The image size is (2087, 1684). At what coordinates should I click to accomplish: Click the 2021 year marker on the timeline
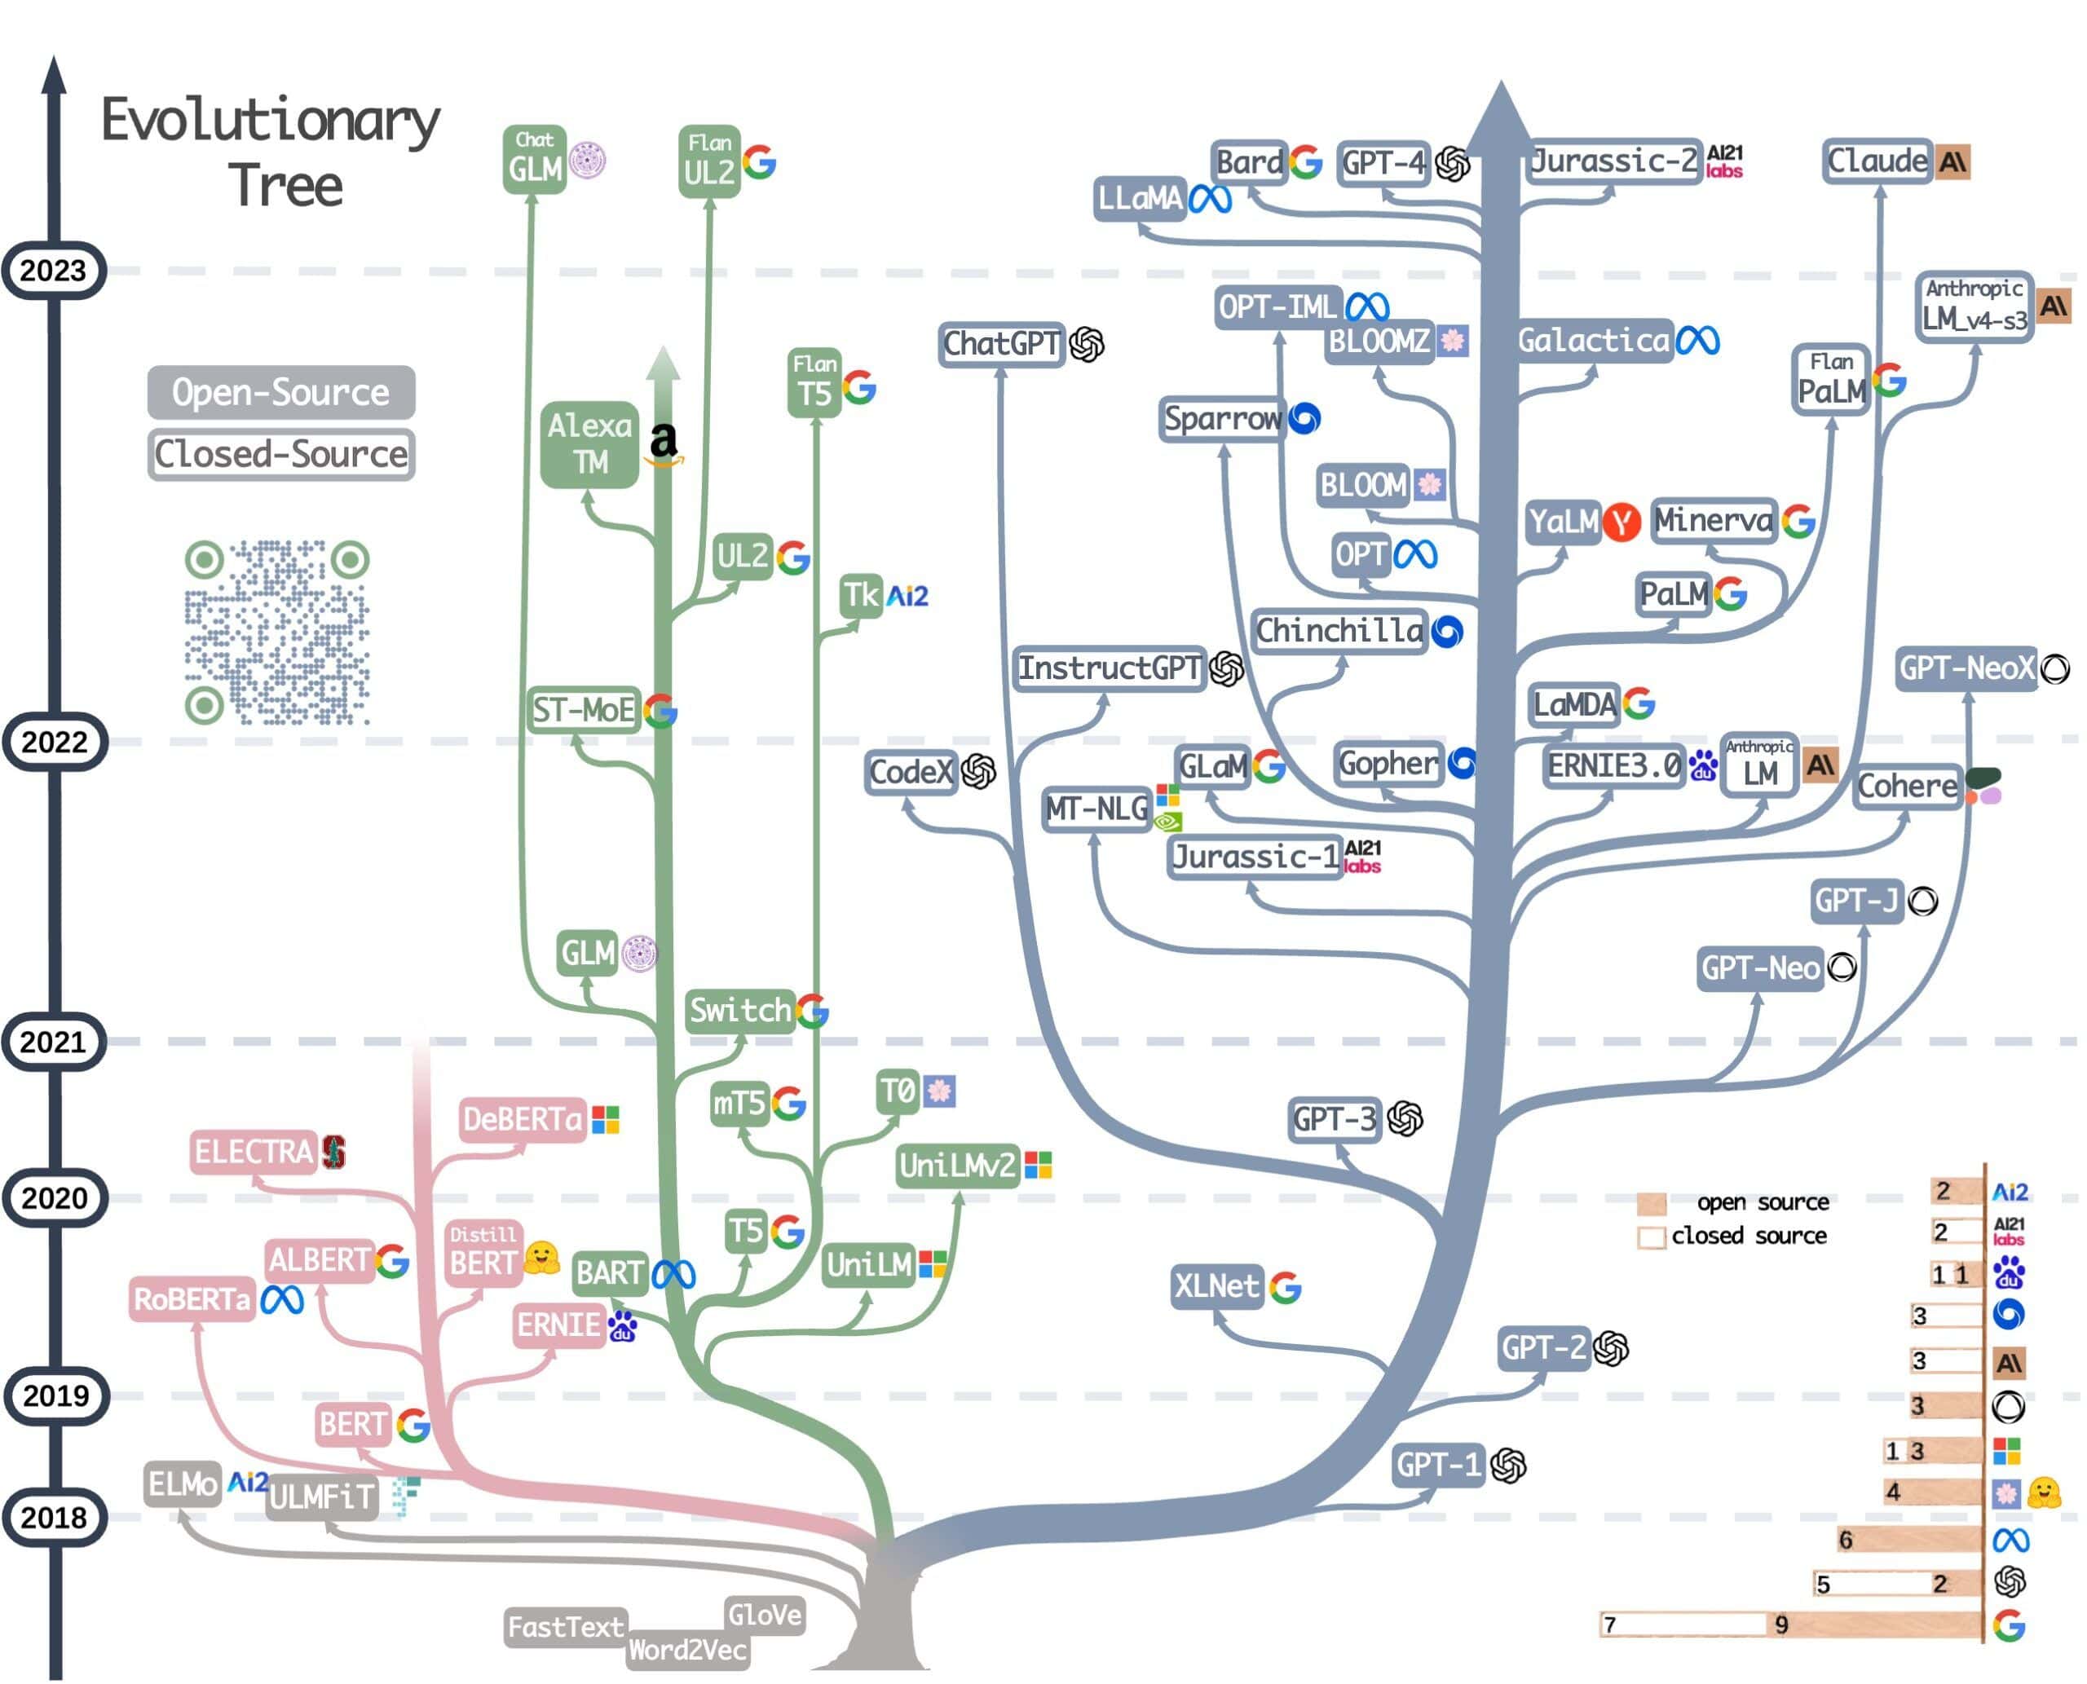[53, 1042]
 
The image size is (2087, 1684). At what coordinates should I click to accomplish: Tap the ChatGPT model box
[1001, 343]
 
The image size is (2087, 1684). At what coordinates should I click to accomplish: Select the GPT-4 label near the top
[1383, 162]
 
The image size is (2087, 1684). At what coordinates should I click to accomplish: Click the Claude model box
[1877, 161]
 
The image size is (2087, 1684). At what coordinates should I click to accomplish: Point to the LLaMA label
[1140, 199]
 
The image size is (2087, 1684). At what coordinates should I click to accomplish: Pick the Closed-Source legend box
[280, 454]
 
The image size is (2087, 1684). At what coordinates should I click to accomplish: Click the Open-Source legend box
[280, 392]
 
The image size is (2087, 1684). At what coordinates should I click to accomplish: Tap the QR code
[276, 632]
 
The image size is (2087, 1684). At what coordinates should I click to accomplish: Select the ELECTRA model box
[254, 1152]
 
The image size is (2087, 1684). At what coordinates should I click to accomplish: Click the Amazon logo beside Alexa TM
[664, 443]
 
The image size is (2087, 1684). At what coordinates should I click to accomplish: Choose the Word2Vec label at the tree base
[687, 1649]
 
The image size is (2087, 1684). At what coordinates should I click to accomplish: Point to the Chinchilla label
[1339, 632]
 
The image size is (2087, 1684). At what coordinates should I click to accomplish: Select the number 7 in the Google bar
[1609, 1624]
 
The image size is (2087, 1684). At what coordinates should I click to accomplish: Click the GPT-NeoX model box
[1966, 668]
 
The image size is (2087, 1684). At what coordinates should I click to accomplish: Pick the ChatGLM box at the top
[535, 160]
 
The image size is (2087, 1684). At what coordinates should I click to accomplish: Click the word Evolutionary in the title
[271, 121]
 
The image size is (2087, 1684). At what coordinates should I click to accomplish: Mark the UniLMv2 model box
[956, 1165]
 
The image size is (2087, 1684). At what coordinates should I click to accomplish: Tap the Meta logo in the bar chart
[2010, 1541]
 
